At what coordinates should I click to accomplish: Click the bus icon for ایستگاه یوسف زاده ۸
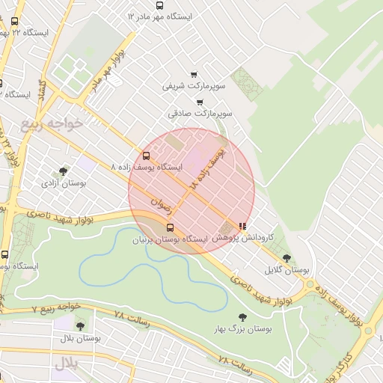tap(146, 156)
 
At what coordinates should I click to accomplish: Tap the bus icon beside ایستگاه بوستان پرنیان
tap(170, 227)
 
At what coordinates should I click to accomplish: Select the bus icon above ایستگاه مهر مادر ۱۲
tap(159, 5)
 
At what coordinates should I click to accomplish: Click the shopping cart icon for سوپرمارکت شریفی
tap(194, 75)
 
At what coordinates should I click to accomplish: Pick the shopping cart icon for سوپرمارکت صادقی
tap(199, 102)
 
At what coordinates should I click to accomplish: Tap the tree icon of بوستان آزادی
tap(63, 171)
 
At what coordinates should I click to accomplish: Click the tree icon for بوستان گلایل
tap(287, 258)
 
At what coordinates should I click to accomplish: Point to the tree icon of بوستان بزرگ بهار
tap(242, 317)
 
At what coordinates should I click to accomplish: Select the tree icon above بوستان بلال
tap(80, 325)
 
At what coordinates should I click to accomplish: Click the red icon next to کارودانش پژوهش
tap(242, 225)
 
